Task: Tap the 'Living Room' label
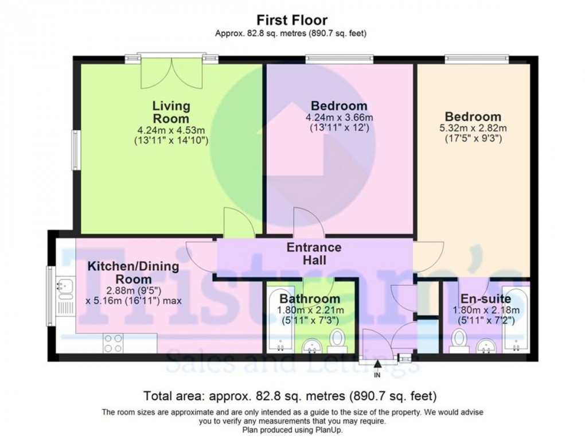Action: (171, 112)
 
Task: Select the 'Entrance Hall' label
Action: (314, 254)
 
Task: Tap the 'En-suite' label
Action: (486, 299)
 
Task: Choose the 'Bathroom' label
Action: (310, 299)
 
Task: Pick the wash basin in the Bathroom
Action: (313, 345)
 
